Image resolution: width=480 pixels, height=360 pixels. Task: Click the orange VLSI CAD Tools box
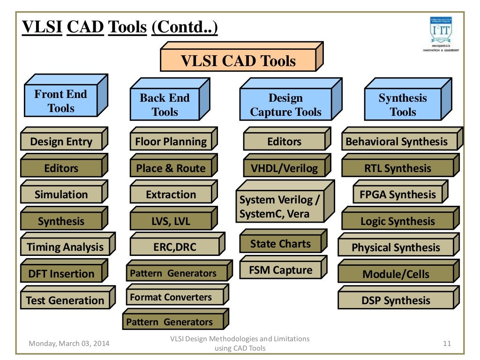click(238, 61)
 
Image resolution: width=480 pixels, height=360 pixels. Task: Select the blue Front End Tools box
click(61, 101)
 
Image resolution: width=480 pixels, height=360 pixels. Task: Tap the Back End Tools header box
click(165, 105)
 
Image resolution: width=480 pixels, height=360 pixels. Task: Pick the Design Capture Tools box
click(285, 105)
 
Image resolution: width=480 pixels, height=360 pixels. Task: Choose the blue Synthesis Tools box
click(403, 105)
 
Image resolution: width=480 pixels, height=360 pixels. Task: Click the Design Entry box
click(61, 142)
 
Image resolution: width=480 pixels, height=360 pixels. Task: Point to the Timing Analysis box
click(65, 247)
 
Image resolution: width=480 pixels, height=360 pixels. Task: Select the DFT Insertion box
click(61, 274)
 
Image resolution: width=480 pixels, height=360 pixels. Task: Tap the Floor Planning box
click(171, 142)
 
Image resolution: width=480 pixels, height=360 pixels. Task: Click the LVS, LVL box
click(171, 221)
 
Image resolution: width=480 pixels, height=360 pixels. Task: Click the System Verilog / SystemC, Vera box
click(280, 207)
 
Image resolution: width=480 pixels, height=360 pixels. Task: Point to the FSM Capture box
click(280, 270)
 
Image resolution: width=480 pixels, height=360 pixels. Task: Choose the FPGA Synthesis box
click(397, 195)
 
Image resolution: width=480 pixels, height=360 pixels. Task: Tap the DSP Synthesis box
click(396, 300)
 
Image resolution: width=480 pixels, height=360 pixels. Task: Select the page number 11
click(447, 344)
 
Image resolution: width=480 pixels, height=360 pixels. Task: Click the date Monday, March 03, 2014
click(69, 344)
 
